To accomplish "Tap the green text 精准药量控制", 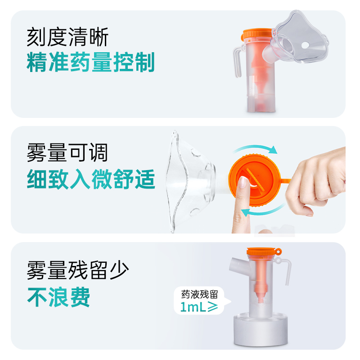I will [90, 63].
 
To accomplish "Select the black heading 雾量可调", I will [67, 153].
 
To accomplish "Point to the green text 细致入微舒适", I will [90, 179].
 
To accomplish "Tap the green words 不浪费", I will [59, 297].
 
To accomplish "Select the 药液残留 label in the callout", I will [199, 295].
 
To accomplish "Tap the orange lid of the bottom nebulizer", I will [261, 252].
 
